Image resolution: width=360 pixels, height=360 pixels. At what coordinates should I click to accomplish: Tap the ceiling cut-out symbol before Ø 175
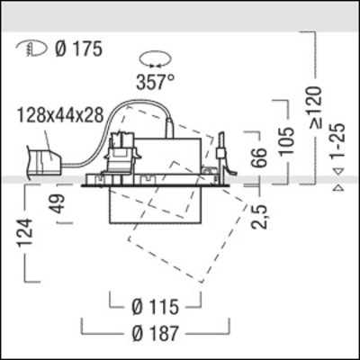click(28, 49)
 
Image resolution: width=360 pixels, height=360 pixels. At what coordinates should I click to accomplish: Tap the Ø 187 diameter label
click(153, 334)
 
